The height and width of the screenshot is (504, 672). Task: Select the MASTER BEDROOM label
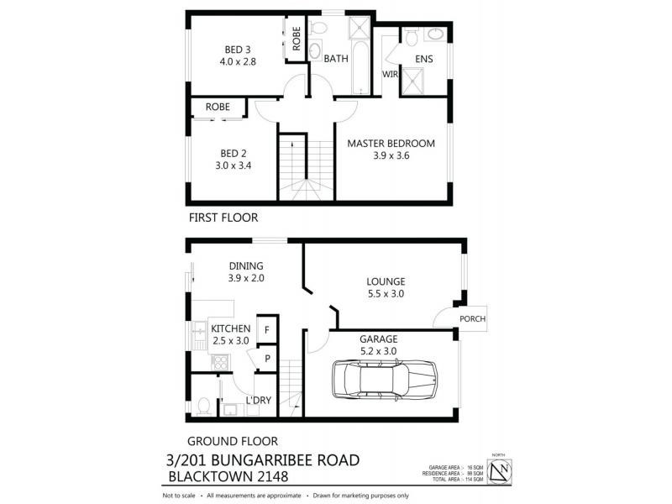tap(391, 143)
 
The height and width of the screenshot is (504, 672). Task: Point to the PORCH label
tap(473, 319)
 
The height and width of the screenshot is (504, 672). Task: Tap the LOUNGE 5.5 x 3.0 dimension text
tap(386, 294)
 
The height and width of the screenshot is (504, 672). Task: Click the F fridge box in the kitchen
tap(266, 329)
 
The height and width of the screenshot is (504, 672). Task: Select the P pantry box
tap(266, 359)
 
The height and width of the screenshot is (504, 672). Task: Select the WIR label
tap(390, 75)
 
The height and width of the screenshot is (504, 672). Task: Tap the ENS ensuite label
tap(424, 59)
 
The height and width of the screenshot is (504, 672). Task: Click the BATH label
tap(336, 59)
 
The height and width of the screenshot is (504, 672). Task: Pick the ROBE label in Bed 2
tap(218, 108)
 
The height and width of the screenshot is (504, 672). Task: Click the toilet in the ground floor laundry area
tap(202, 407)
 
